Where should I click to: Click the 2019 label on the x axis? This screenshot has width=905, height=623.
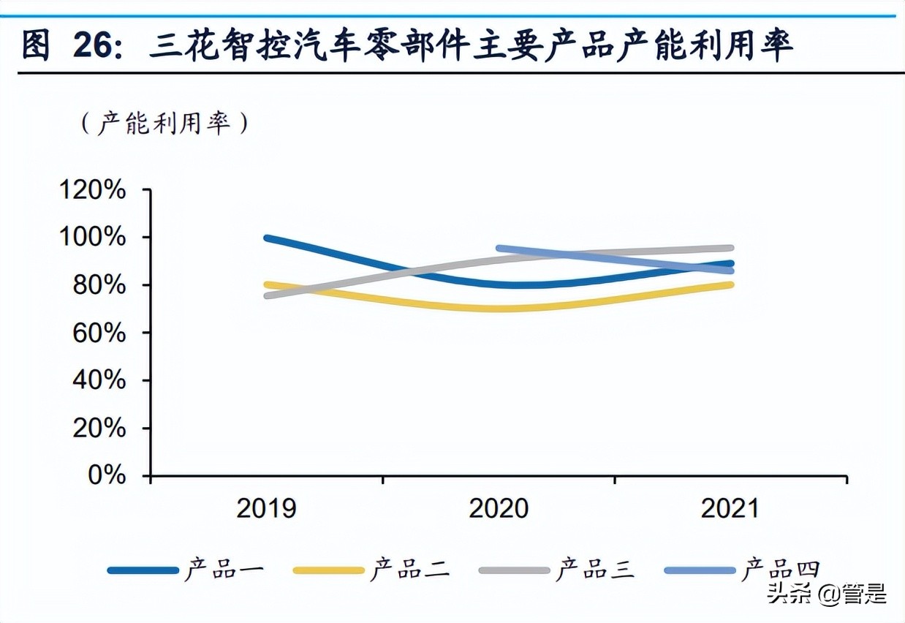pyautogui.click(x=266, y=508)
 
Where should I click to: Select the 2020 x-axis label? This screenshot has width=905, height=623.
pyautogui.click(x=499, y=508)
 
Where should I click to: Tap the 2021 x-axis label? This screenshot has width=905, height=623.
pyautogui.click(x=731, y=508)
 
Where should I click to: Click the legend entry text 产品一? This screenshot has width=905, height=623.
pyautogui.click(x=223, y=570)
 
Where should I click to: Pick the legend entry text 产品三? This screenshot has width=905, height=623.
pyautogui.click(x=595, y=570)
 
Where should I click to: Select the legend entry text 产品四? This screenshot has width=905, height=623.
pyautogui.click(x=781, y=570)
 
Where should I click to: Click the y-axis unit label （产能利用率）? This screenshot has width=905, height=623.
pyautogui.click(x=165, y=123)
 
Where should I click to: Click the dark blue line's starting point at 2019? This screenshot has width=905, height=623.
pyautogui.click(x=268, y=238)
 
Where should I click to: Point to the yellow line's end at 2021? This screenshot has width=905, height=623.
pyautogui.click(x=730, y=284)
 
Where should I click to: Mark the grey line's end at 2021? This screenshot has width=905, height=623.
pyautogui.click(x=730, y=249)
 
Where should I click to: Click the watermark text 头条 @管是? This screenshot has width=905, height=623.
pyautogui.click(x=826, y=594)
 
